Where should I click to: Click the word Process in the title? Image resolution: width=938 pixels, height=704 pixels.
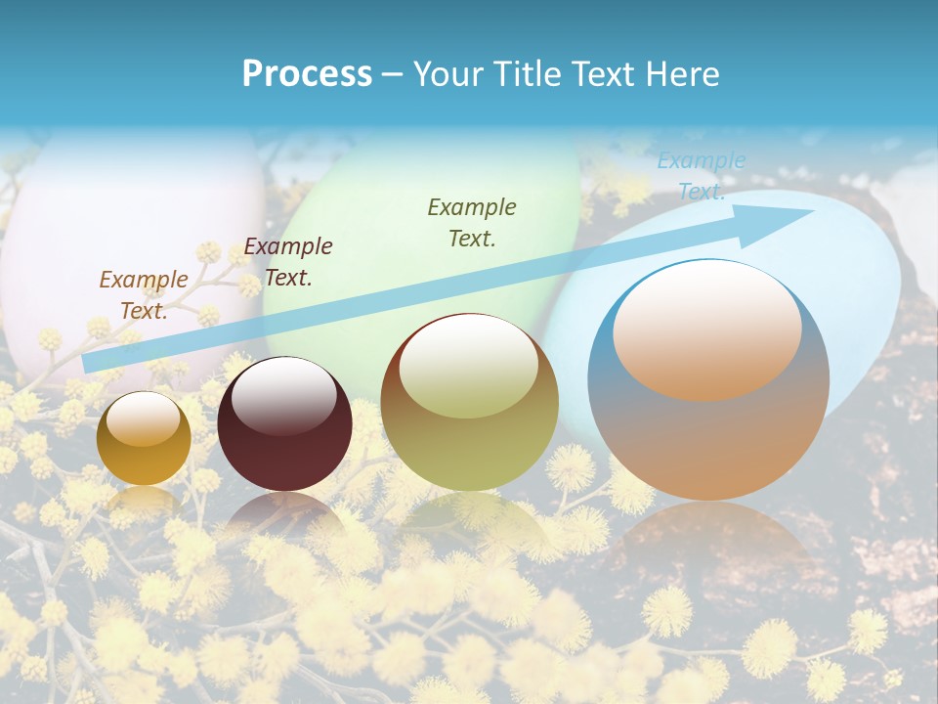click(x=307, y=74)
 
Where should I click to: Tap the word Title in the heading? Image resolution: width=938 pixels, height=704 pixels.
click(x=528, y=74)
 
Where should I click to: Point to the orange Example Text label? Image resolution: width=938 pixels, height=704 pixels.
click(x=144, y=294)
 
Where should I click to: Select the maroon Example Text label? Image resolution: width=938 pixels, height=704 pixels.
click(x=288, y=261)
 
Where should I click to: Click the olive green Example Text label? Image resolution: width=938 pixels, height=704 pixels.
click(x=472, y=222)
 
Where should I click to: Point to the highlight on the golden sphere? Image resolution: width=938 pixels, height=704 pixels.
click(x=144, y=418)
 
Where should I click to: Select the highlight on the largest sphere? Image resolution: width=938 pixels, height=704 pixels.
click(x=706, y=330)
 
